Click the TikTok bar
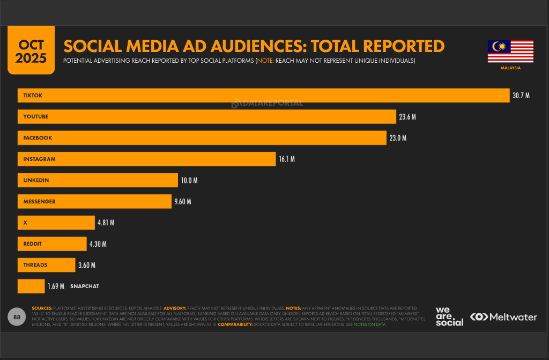coord(263,95)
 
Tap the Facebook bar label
coord(38,138)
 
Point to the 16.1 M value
coord(286,159)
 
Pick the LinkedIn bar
coord(98,180)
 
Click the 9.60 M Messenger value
coord(182,202)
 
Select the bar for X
coord(56,223)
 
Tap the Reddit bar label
coord(33,244)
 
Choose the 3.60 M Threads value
coord(87,265)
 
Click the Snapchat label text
coord(85,286)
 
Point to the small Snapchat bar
coord(31,286)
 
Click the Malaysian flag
coord(510,52)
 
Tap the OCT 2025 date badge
coord(31,52)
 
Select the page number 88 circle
coord(17,317)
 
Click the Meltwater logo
coord(503,317)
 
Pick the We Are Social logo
coord(449,317)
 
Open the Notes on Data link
coord(369,325)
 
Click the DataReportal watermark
coord(267,103)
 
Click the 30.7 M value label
coord(521,95)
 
